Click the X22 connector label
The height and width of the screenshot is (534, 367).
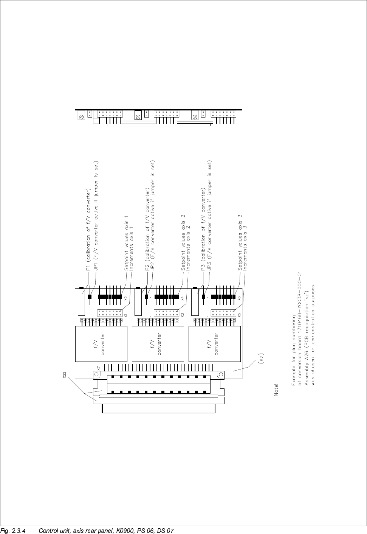pyautogui.click(x=65, y=375)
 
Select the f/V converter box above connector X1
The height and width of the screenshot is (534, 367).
pyautogui.click(x=101, y=343)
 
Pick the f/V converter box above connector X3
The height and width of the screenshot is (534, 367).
pyautogui.click(x=158, y=343)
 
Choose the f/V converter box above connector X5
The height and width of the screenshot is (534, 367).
pyautogui.click(x=214, y=343)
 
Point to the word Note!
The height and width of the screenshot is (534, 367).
pyautogui.click(x=276, y=390)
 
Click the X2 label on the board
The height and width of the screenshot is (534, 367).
pyautogui.click(x=126, y=298)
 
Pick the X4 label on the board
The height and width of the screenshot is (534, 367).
pyautogui.click(x=183, y=298)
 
